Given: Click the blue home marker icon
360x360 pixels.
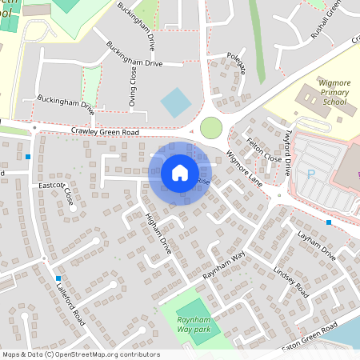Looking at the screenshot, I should coord(180,173).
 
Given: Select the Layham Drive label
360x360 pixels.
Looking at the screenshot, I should coord(317,245).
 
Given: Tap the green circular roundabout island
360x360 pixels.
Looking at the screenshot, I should coord(211,127).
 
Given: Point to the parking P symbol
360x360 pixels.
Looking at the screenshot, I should coord(310,173).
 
